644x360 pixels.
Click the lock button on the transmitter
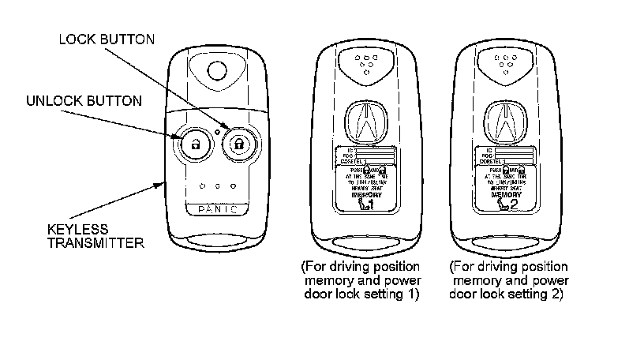pos(238,143)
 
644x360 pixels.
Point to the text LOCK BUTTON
pos(107,39)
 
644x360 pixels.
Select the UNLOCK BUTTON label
pos(84,101)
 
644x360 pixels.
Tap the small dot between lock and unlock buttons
pos(216,130)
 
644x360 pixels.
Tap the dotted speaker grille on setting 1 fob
pos(365,62)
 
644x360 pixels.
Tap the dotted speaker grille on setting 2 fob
pos(503,62)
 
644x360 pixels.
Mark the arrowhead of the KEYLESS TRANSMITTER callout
pos(164,182)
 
